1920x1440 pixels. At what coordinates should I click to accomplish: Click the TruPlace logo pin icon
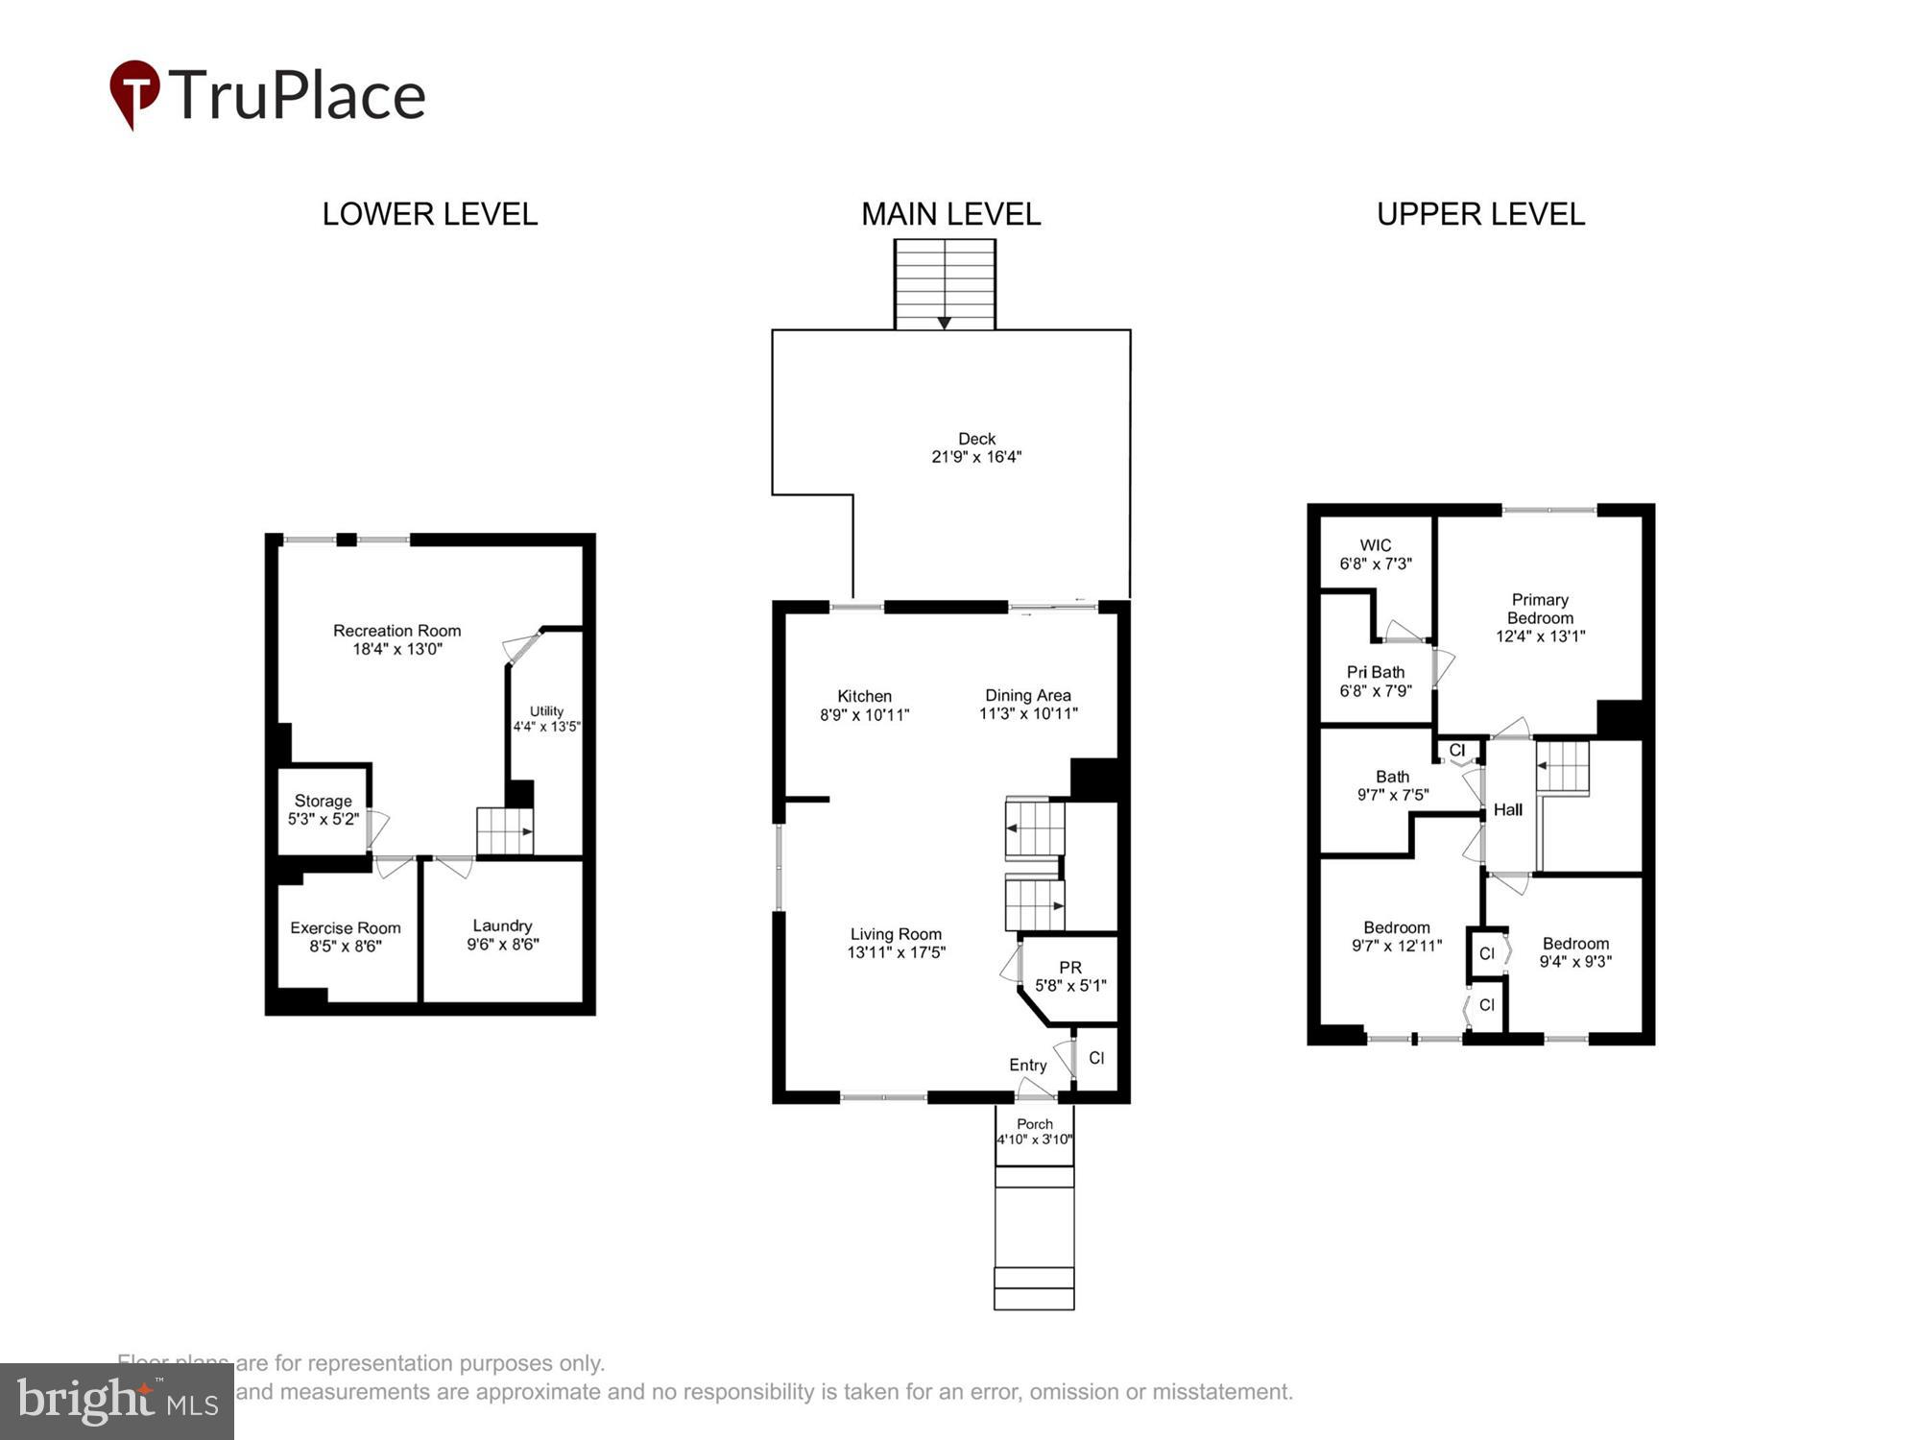(133, 93)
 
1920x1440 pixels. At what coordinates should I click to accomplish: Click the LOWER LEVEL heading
(429, 214)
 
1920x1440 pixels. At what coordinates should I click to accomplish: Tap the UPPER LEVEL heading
(1480, 214)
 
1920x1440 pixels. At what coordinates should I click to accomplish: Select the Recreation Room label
(396, 631)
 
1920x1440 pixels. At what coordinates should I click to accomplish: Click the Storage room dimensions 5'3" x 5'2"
(324, 819)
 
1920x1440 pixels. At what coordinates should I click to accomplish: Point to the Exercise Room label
(346, 927)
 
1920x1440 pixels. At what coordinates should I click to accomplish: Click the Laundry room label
(502, 925)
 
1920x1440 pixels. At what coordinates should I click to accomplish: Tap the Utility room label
(546, 711)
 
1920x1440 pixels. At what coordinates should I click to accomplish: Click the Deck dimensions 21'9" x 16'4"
(976, 457)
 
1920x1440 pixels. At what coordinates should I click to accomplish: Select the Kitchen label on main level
(864, 696)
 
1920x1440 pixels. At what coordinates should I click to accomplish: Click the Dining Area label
(1027, 695)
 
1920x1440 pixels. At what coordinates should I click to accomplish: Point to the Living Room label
(896, 934)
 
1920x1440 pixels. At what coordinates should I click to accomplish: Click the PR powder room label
(1069, 968)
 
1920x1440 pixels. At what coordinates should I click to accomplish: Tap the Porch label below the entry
(1034, 1123)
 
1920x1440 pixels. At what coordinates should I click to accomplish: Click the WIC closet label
(1375, 545)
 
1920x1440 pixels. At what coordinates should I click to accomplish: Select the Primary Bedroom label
(1540, 609)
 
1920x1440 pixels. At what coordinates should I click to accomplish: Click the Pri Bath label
(1375, 672)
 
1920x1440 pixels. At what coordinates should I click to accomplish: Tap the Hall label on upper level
(1507, 809)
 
